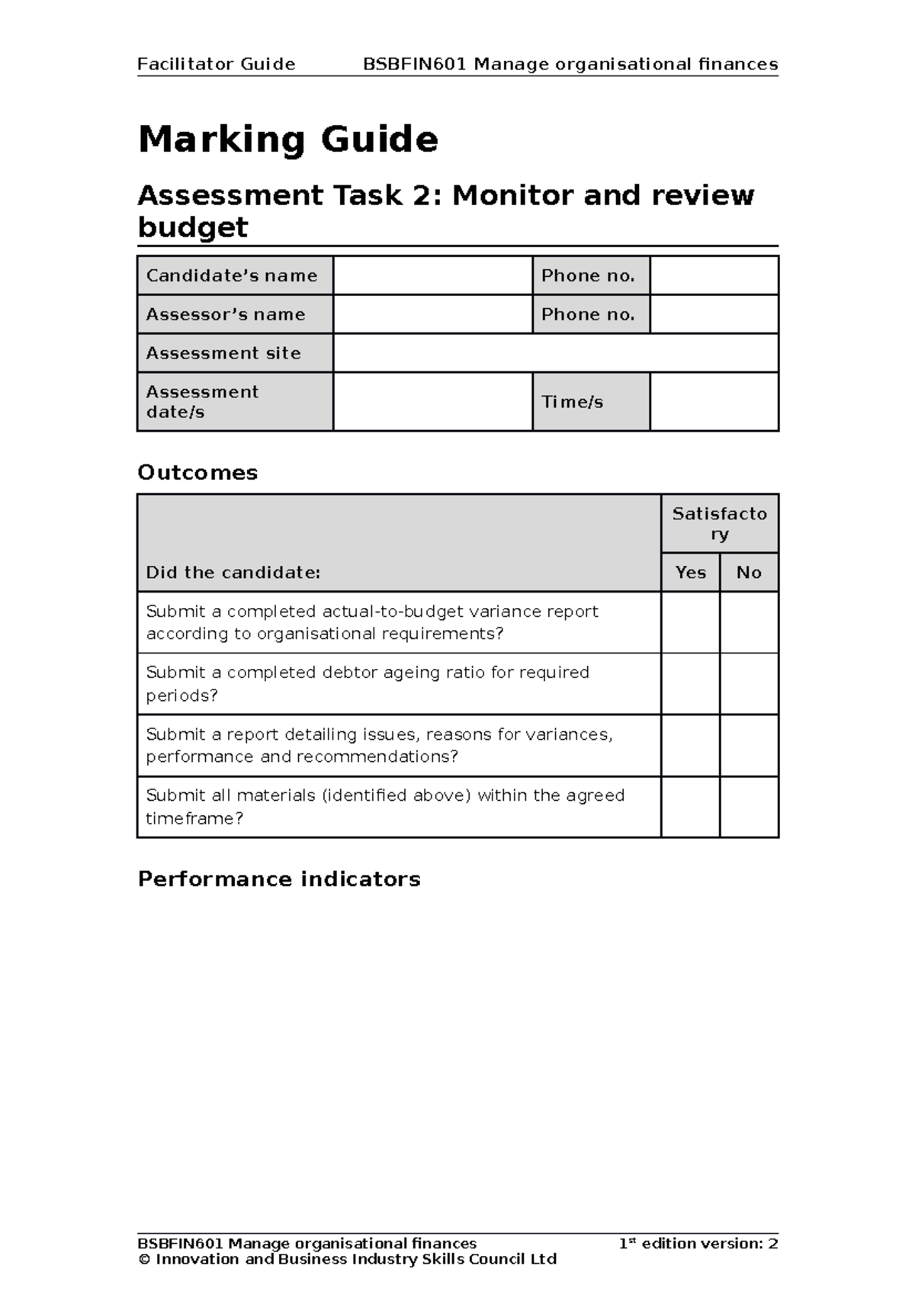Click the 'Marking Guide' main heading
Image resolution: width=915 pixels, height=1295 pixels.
click(287, 140)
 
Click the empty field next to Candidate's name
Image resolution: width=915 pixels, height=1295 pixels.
click(432, 275)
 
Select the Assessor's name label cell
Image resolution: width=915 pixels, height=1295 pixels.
click(235, 314)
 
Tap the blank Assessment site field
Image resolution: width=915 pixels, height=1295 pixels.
click(555, 353)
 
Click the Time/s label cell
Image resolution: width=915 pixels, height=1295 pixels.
click(590, 402)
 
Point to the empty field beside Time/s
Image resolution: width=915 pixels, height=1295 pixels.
click(714, 402)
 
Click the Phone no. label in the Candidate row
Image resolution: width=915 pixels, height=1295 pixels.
click(590, 275)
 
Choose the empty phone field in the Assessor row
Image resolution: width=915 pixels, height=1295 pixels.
click(714, 314)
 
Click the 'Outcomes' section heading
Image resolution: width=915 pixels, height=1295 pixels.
click(197, 473)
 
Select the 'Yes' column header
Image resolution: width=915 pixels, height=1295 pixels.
click(690, 573)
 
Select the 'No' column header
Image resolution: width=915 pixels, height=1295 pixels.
click(749, 573)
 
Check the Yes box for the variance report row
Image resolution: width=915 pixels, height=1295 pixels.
click(690, 622)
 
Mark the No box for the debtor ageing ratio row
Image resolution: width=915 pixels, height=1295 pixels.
click(749, 684)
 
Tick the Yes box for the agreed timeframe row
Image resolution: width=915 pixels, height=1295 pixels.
click(690, 807)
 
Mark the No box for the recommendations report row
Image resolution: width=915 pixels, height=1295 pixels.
click(749, 746)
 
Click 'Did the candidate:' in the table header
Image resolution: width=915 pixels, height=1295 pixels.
click(233, 573)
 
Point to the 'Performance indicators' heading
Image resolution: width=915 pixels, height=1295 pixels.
click(279, 879)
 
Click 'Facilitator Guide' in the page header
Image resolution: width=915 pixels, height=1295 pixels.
click(216, 64)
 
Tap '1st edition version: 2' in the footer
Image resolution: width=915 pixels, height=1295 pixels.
click(698, 1244)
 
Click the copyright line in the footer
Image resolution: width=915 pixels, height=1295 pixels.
click(348, 1260)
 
